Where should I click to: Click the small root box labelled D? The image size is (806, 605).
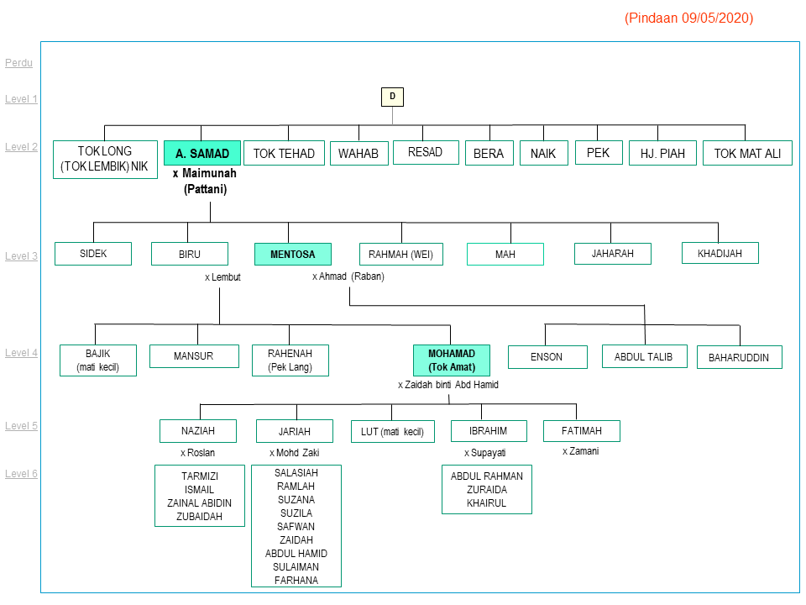point(392,97)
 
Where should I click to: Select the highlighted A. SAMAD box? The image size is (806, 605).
point(202,153)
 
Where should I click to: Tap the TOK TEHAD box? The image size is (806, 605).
point(284,153)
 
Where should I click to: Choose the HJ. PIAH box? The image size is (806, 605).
point(662,153)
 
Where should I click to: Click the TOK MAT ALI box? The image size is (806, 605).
point(747,153)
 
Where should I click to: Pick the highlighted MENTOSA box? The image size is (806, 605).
point(292,254)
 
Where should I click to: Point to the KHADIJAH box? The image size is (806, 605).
point(720,253)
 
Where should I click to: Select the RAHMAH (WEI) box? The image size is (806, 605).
point(401,254)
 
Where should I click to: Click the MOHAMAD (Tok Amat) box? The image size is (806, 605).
point(452,360)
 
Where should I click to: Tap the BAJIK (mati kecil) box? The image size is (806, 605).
point(98,360)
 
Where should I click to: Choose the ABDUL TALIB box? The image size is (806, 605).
point(644,356)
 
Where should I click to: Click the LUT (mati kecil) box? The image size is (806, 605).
point(393,432)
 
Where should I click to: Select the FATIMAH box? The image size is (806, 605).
point(581,431)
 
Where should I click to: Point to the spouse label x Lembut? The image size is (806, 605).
point(222,276)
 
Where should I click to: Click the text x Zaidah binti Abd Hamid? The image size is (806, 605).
point(448,385)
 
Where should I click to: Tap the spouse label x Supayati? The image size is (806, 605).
point(486,453)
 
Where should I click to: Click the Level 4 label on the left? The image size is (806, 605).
point(21,353)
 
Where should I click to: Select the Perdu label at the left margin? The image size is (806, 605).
point(18,63)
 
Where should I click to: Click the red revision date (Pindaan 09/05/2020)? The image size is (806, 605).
point(688,18)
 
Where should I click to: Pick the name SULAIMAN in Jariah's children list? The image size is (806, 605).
point(296,566)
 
